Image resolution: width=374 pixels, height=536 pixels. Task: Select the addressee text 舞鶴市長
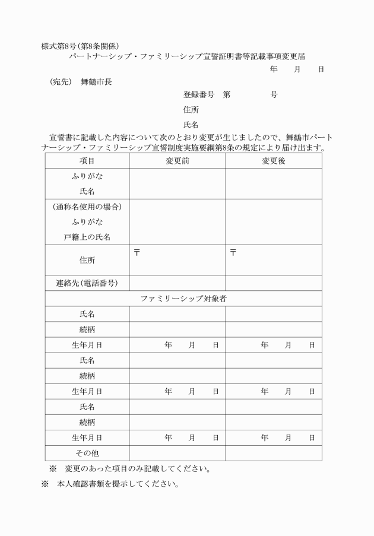pyautogui.click(x=96, y=82)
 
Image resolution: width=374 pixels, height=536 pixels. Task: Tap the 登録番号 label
pyautogui.click(x=199, y=95)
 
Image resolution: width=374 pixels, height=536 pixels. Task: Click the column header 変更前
pyautogui.click(x=177, y=161)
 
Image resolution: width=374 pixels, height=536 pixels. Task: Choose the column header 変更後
pyautogui.click(x=273, y=161)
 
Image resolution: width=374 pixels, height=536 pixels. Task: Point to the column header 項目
pyautogui.click(x=87, y=161)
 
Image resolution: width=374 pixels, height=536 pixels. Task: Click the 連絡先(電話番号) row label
pyautogui.click(x=87, y=283)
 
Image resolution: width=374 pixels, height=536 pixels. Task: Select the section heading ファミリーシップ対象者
pyautogui.click(x=183, y=299)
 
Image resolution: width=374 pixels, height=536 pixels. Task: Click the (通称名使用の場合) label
pyautogui.click(x=87, y=207)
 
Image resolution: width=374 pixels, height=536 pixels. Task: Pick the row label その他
pyautogui.click(x=87, y=453)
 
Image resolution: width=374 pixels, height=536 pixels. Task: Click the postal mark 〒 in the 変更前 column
pyautogui.click(x=137, y=253)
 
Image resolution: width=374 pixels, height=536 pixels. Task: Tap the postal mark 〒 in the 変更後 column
pyautogui.click(x=233, y=253)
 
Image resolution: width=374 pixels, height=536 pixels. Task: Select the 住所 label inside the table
pyautogui.click(x=87, y=260)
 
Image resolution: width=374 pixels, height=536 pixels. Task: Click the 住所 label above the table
pyautogui.click(x=191, y=110)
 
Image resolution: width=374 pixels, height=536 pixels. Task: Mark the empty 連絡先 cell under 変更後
pyautogui.click(x=273, y=283)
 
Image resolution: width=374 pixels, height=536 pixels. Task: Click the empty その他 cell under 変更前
pyautogui.click(x=177, y=453)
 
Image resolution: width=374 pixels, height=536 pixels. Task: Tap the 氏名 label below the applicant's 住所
pyautogui.click(x=191, y=125)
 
